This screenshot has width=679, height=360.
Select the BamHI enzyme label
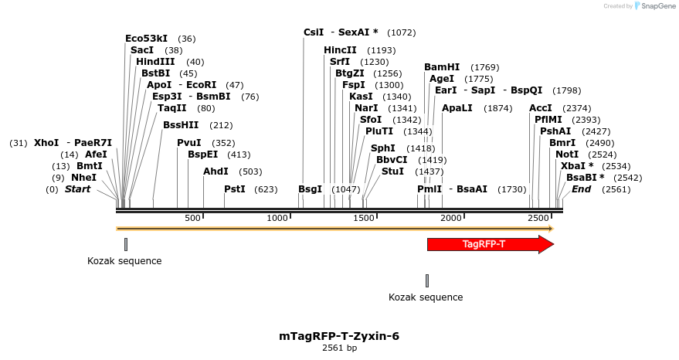(442, 67)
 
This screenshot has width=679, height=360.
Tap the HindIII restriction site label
(155, 62)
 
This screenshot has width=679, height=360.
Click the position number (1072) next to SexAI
(401, 32)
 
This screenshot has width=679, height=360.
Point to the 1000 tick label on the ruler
(277, 219)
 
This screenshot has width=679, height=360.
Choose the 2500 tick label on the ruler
(538, 219)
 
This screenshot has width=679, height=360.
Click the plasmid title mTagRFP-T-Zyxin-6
(339, 336)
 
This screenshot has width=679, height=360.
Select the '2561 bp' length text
(339, 348)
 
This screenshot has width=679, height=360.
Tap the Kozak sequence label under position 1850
(426, 297)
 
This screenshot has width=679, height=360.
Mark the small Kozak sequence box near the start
(125, 244)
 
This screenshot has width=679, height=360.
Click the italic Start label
(77, 189)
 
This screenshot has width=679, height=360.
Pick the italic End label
(581, 189)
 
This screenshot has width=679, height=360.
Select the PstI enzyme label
(235, 189)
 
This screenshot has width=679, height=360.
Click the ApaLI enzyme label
(457, 108)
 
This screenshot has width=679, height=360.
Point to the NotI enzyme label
(567, 155)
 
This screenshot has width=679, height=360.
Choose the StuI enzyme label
(392, 172)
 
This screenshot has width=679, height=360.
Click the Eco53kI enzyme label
(146, 39)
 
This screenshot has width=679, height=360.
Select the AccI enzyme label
(541, 108)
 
